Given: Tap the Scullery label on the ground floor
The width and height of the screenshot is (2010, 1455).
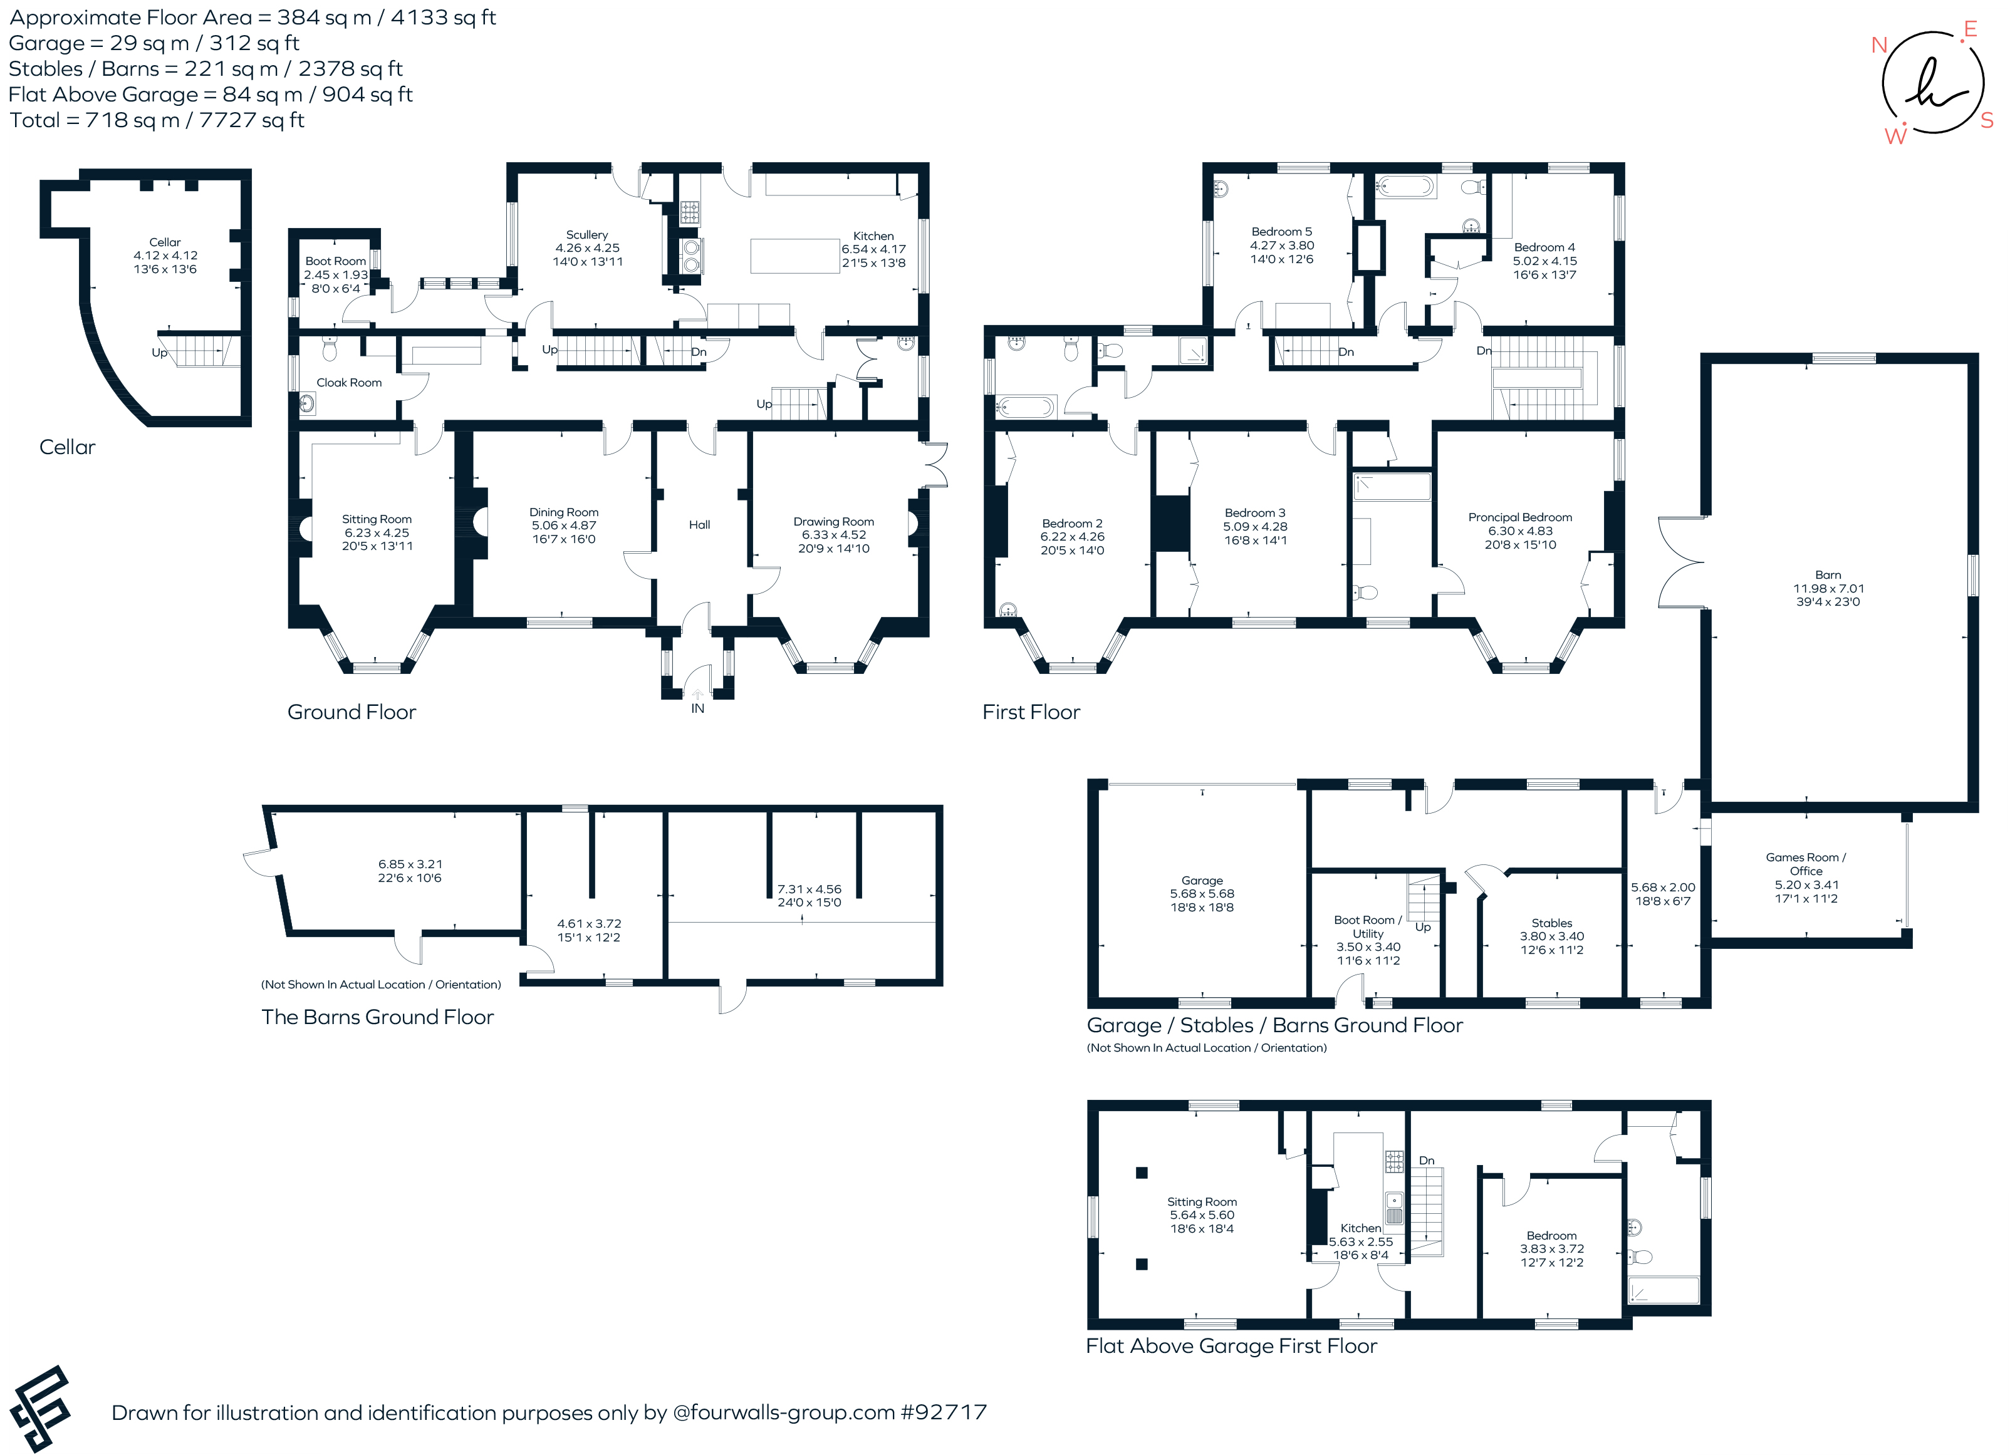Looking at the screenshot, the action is pos(586,235).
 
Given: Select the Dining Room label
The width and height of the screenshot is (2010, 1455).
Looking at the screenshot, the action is pos(564,512).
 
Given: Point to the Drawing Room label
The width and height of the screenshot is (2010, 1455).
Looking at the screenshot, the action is pos(833,522).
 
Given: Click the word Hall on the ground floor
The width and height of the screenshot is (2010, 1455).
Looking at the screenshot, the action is pos(699,525).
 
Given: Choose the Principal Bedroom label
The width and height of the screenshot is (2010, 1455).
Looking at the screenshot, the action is pos(1520,517).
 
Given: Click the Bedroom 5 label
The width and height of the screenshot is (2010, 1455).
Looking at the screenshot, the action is pos(1281,231).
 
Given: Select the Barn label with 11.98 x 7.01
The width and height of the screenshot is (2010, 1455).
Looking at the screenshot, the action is pos(1828,588).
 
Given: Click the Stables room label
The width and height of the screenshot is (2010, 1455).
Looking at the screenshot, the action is pos(1552,923).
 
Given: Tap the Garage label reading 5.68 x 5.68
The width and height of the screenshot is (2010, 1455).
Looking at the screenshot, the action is pos(1202,894).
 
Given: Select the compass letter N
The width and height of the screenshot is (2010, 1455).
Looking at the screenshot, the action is pos(1879,45).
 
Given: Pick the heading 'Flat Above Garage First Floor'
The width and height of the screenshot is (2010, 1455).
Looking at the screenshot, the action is pos(1231,1346).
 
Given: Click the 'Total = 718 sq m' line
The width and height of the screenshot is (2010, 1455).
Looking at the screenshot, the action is pos(157,120).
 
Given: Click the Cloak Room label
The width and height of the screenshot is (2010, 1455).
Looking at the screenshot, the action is pos(349,383).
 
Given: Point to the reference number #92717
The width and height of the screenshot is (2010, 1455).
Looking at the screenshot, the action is pos(944,1412).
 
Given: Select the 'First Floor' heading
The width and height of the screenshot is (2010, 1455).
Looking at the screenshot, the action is pos(1031,712).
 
